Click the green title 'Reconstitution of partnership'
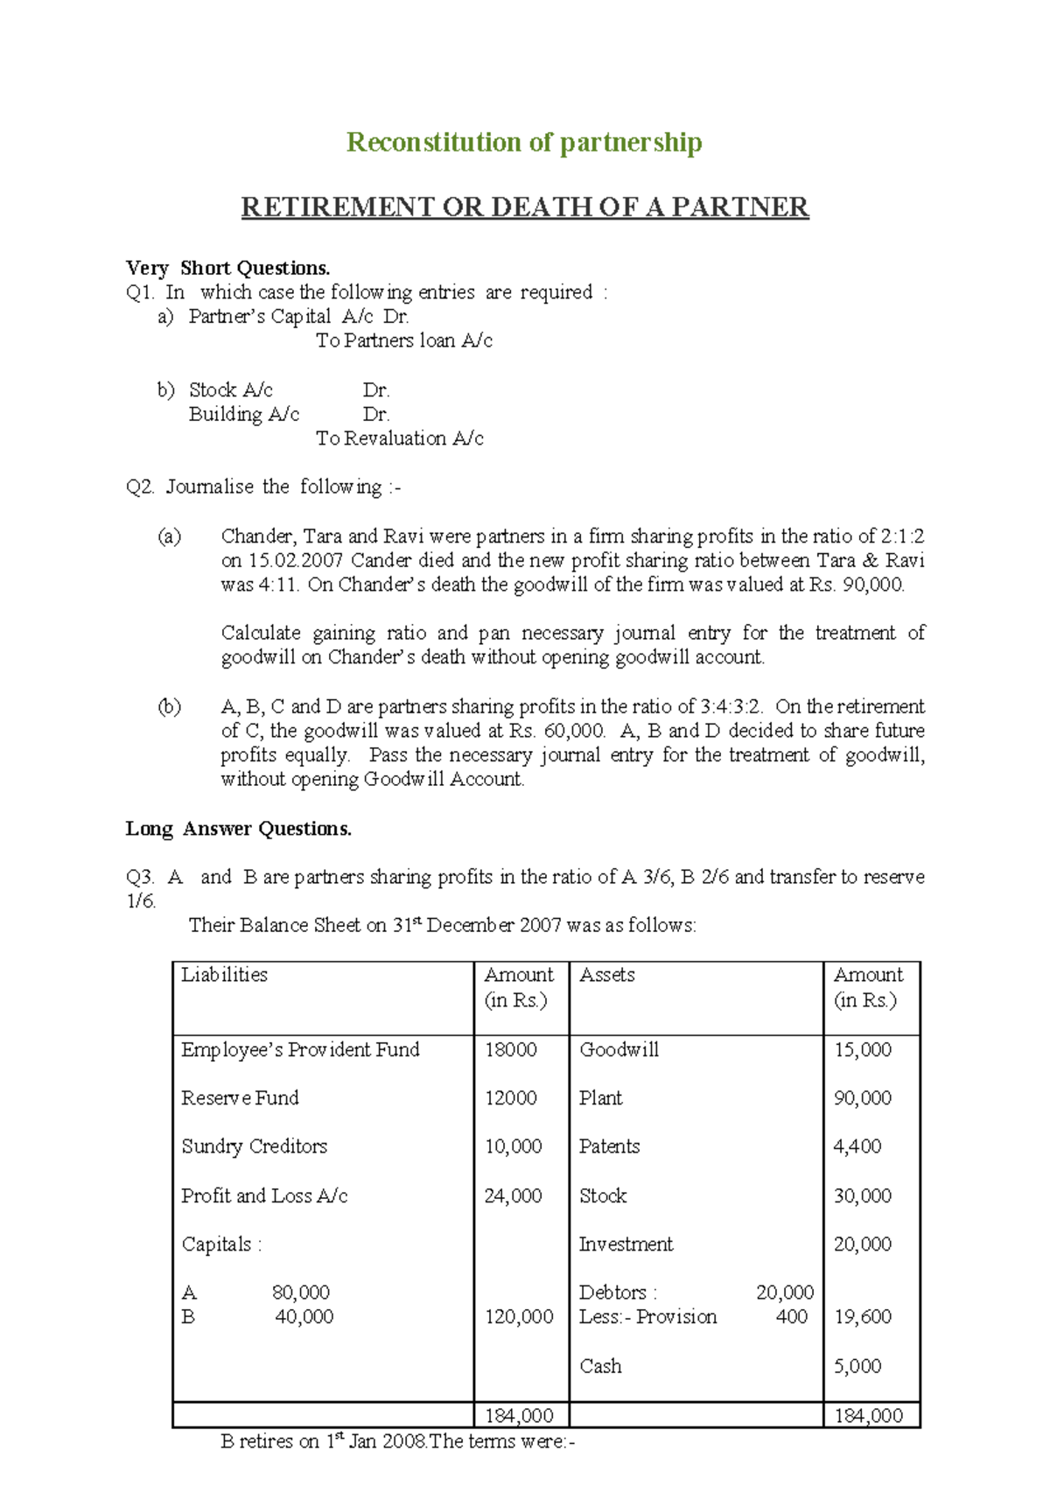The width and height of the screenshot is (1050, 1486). pos(524,143)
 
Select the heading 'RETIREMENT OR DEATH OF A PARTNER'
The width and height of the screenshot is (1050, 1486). pos(525,207)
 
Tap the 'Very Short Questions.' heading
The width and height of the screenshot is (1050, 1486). pos(227,268)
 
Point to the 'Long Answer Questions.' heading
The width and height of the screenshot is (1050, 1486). pos(239,829)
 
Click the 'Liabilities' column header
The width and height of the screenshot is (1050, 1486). pos(224,975)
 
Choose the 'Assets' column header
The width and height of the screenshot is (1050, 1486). pos(607,975)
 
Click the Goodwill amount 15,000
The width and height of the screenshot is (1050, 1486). pos(862,1049)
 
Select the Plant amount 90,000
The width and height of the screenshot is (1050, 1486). pos(862,1098)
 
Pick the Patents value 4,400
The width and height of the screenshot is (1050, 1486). pos(857,1146)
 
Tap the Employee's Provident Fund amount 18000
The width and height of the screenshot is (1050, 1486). pos(510,1049)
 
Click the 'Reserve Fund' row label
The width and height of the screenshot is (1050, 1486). pos(240,1098)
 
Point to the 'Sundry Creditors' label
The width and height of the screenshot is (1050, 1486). pos(254,1146)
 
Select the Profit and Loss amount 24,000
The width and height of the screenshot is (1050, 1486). pos(513,1195)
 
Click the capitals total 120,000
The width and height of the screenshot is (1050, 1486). pos(519,1317)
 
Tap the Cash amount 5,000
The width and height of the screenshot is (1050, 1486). pos(857,1366)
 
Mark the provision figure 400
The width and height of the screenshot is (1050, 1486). pos(791,1317)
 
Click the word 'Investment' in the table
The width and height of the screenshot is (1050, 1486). pos(626,1244)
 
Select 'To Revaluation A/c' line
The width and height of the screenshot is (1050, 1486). pos(399,438)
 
